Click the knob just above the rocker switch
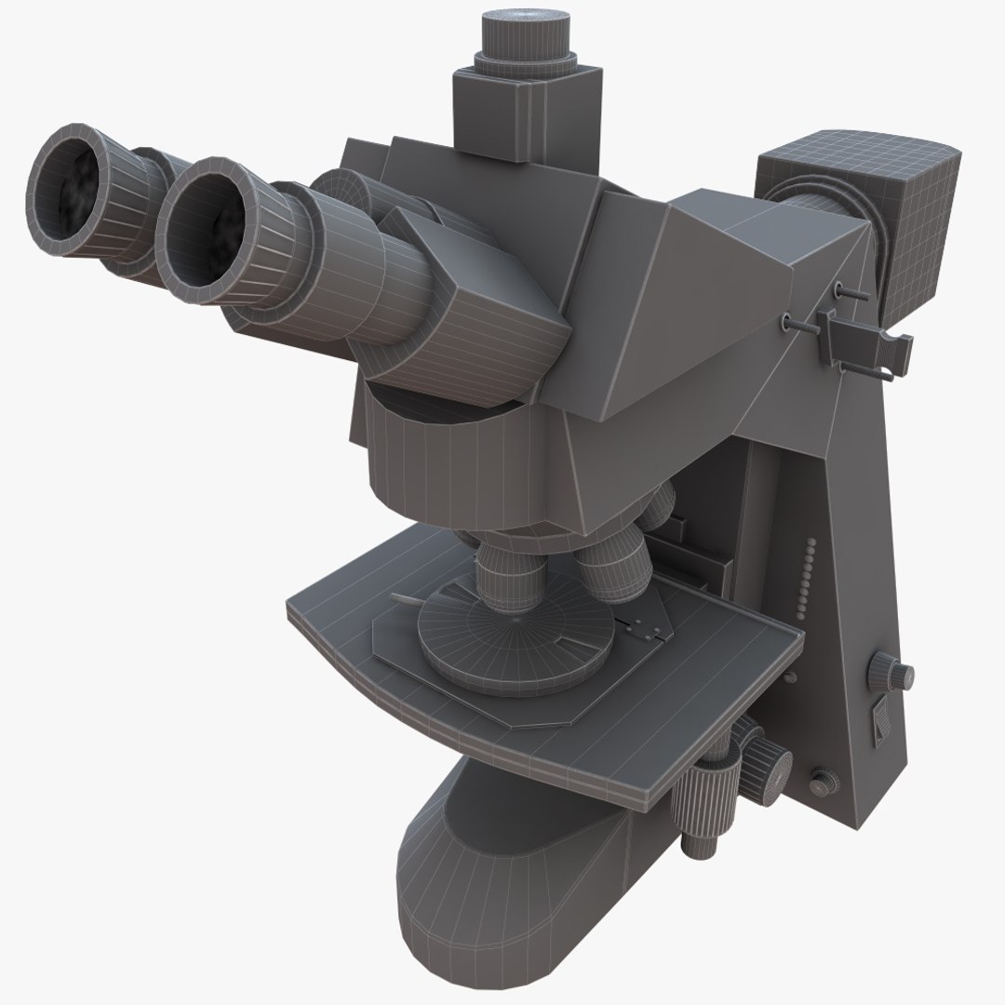pyautogui.click(x=894, y=673)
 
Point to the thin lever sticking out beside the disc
pyautogui.click(x=409, y=599)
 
